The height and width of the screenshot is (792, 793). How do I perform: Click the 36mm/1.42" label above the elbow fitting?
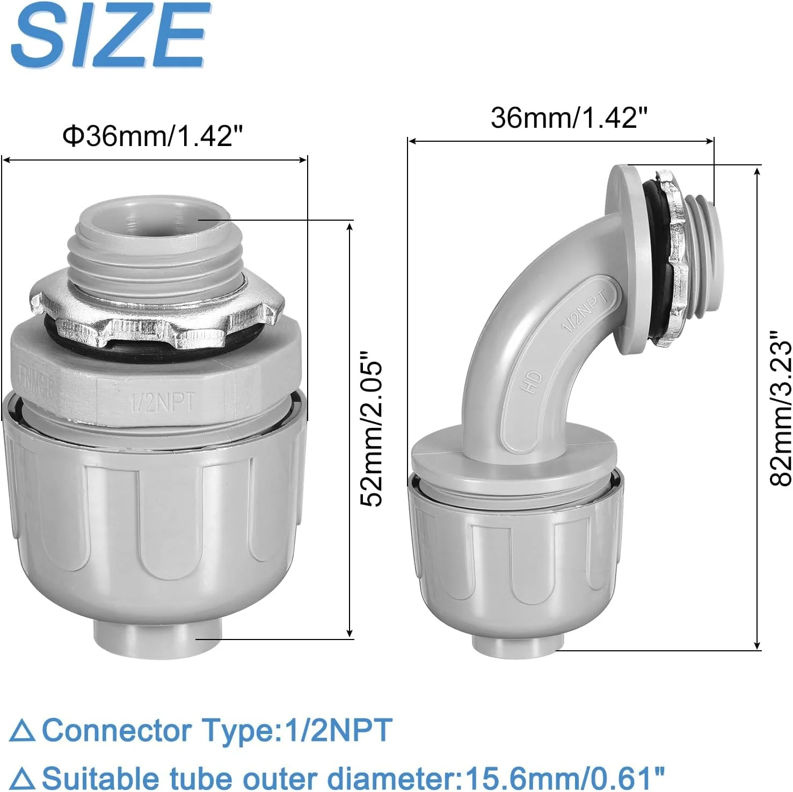(569, 117)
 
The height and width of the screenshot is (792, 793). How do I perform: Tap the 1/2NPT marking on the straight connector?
(163, 402)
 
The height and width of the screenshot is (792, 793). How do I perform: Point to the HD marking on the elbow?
(534, 382)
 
